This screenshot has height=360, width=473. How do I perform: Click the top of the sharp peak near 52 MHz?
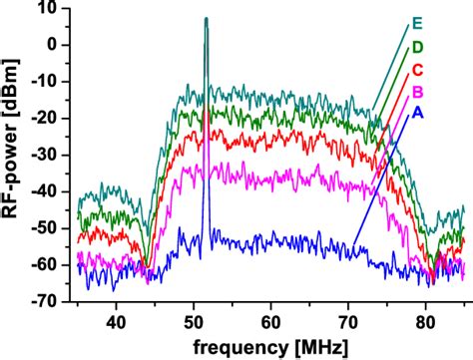click(206, 19)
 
